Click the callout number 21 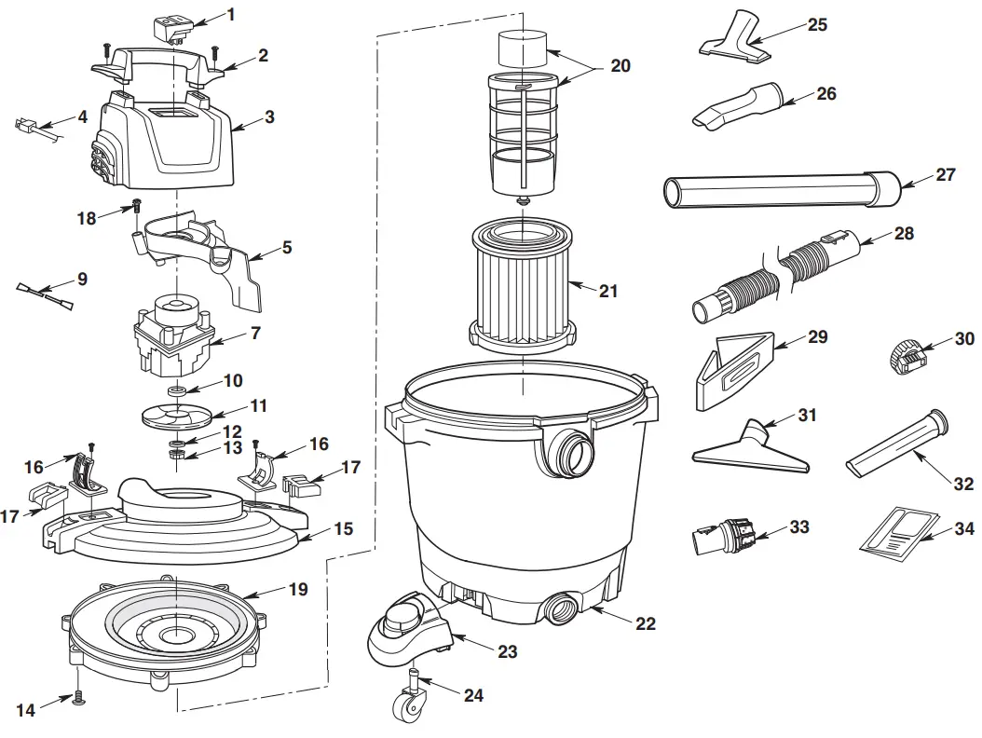607,292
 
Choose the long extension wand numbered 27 783,190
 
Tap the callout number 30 963,339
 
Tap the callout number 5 287,248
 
